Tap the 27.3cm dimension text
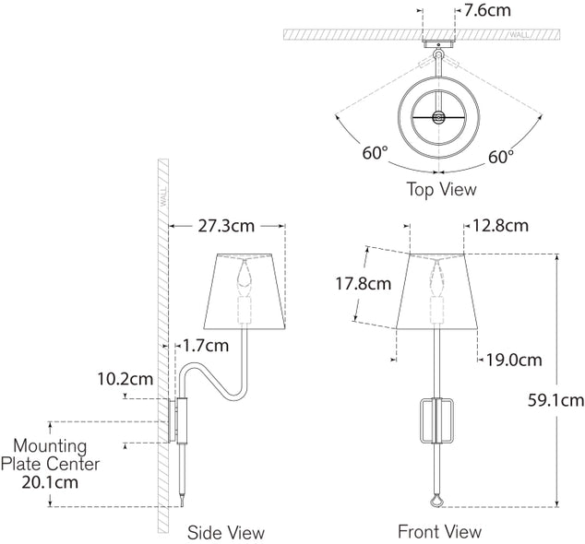tap(226, 224)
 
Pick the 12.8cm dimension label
tap(500, 224)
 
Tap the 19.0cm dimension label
tap(513, 360)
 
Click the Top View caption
tap(441, 190)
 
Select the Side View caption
tap(225, 532)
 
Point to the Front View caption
tap(439, 531)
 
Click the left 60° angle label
tap(376, 154)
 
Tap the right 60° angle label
tap(500, 158)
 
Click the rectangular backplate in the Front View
tap(439, 420)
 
